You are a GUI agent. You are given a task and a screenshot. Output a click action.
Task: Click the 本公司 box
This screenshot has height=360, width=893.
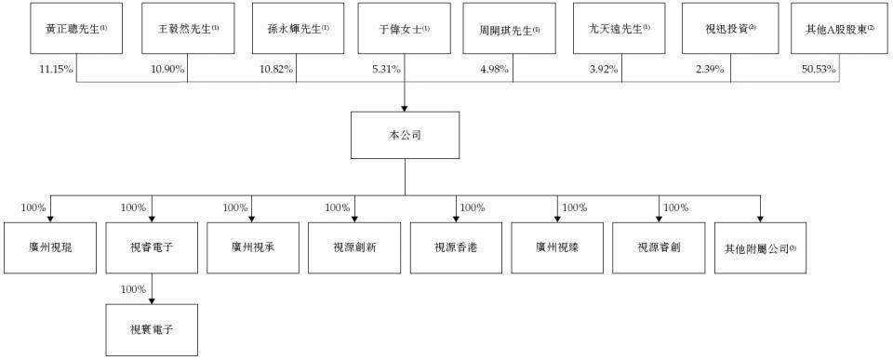(x=405, y=136)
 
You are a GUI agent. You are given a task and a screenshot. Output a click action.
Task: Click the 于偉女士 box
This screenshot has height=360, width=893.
(x=405, y=27)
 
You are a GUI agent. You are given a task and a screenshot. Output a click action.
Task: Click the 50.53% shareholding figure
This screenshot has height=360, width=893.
(x=820, y=70)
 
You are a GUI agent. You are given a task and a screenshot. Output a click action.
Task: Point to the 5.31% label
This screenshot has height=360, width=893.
(x=387, y=70)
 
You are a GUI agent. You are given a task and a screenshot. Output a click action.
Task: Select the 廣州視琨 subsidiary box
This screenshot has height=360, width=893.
(x=50, y=247)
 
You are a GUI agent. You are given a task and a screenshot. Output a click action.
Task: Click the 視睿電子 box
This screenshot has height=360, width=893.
(x=152, y=247)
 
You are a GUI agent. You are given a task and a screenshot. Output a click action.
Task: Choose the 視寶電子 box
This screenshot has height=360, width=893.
(x=152, y=330)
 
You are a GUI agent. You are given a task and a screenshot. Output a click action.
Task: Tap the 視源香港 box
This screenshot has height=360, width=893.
(x=456, y=247)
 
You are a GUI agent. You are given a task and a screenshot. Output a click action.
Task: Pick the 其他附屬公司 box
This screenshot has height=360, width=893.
(x=761, y=247)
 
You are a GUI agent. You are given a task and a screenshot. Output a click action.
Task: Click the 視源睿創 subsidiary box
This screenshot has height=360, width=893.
(x=660, y=247)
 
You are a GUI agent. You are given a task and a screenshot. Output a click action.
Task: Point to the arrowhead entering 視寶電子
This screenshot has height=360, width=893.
(x=152, y=301)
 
